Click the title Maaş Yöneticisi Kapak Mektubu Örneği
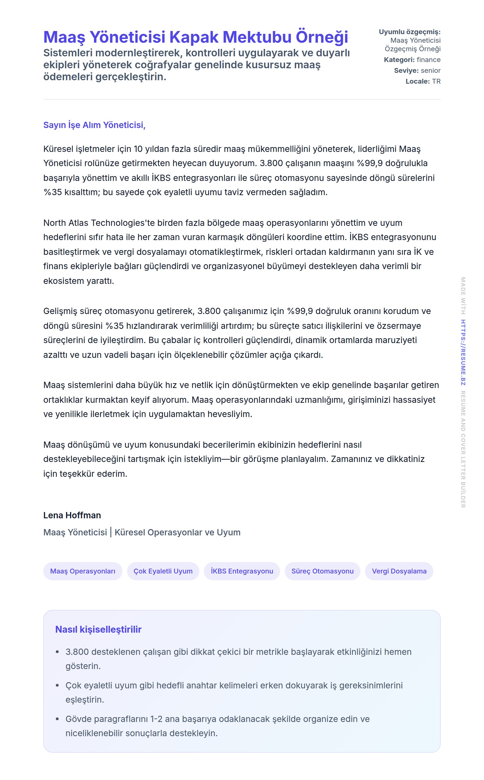click(196, 37)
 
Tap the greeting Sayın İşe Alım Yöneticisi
click(95, 125)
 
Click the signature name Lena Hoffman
click(72, 515)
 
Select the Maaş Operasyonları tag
click(83, 571)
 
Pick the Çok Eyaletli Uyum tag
click(163, 571)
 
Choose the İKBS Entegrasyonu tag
click(242, 571)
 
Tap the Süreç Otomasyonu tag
click(322, 571)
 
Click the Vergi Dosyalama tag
click(399, 571)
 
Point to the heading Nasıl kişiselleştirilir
click(98, 629)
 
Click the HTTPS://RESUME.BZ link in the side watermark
click(463, 352)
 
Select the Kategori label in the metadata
click(399, 60)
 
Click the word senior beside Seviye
click(430, 71)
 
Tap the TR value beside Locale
click(436, 82)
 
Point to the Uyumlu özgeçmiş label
click(409, 32)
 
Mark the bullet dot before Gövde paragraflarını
click(57, 719)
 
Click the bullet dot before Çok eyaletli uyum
click(57, 685)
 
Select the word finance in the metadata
click(428, 60)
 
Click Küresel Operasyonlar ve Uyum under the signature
click(177, 532)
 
